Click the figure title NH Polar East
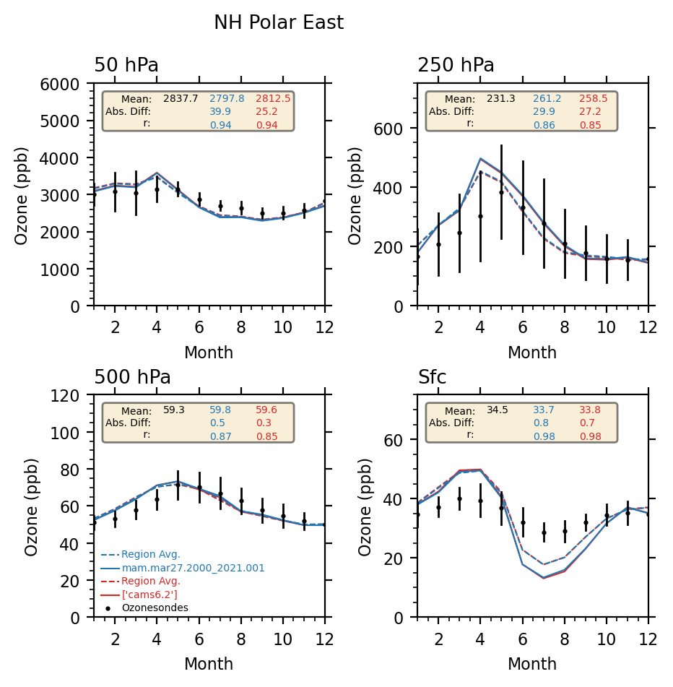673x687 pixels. (279, 23)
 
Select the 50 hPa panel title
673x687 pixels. (126, 66)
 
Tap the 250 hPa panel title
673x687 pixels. (456, 66)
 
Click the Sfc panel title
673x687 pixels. (433, 378)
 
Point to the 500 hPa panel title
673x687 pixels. (133, 378)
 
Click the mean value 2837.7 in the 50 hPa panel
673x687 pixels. (181, 98)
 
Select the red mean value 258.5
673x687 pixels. (594, 98)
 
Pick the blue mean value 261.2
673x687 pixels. (547, 98)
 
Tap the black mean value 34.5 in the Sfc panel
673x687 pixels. (498, 410)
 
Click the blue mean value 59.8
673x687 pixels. (221, 410)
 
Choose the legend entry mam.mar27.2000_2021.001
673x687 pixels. (193, 569)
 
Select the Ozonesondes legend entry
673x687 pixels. (155, 608)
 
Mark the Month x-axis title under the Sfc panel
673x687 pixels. (532, 665)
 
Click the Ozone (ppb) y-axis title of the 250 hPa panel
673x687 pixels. (356, 195)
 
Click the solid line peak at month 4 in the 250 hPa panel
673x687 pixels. (480, 158)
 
